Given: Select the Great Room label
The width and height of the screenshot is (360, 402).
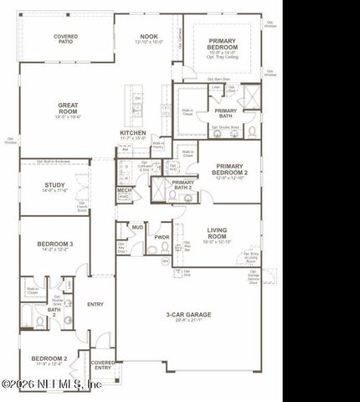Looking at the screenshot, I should pos(68,107).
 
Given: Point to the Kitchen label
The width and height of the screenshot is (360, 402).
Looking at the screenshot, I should pos(133,133).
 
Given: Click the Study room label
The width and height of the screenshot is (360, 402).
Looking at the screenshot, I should pos(55,186).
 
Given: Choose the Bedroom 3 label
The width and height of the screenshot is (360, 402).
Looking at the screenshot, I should pos(55,245).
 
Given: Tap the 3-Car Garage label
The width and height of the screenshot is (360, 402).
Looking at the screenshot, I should pos(188,315).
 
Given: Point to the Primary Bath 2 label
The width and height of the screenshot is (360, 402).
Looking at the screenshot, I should pos(183,184).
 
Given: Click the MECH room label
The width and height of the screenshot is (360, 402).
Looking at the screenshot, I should pos(124,191).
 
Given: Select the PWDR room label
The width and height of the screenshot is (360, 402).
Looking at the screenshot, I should pos(162,238).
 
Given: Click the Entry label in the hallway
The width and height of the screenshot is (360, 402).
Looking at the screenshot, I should pos(95,304).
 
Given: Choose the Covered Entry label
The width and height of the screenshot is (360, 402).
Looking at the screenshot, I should pos(103,364).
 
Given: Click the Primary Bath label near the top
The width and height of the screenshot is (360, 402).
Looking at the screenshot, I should pos(226,112).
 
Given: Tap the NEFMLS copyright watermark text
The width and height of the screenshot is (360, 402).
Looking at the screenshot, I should pos(52,384).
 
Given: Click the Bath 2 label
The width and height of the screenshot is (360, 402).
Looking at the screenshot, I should pos(54,312).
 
